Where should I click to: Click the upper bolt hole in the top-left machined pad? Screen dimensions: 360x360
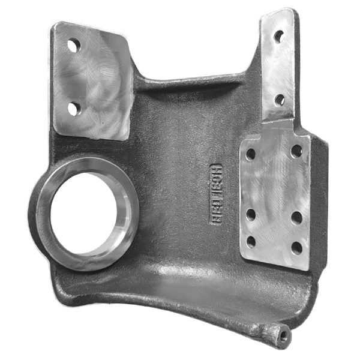point(74,44)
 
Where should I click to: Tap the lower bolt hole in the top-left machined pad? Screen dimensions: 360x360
point(74,107)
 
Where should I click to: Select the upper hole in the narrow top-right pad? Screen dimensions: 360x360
point(279,37)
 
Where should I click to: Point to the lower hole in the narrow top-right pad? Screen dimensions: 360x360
point(280,98)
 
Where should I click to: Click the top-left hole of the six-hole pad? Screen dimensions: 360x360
point(251,154)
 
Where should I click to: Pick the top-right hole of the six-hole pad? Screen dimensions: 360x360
point(296,151)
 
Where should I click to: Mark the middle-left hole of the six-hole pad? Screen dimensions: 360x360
point(251,214)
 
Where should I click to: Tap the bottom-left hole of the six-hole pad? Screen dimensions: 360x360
point(251,242)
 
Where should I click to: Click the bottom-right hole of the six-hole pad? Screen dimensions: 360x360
point(296,247)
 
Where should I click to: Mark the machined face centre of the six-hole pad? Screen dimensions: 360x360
point(274,198)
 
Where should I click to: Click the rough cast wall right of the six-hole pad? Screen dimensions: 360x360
point(320,198)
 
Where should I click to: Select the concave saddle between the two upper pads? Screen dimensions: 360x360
point(192,90)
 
